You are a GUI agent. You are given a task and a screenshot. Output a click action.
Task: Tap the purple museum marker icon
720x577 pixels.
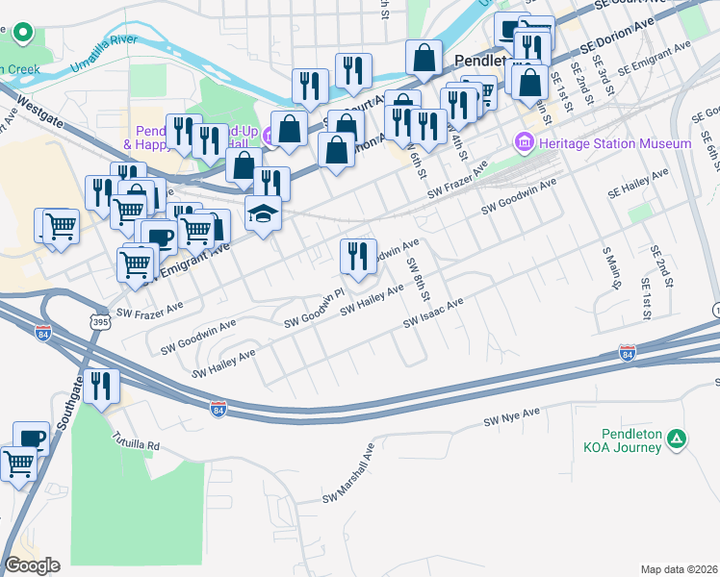[x=525, y=143]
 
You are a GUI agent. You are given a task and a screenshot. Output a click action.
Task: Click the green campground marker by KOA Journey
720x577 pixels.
[x=678, y=439]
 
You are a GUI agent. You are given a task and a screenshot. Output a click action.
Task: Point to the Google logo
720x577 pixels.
[x=32, y=564]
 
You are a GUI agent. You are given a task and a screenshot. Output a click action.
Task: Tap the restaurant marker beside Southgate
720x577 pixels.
[x=100, y=387]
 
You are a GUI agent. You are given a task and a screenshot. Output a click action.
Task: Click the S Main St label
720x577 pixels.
[x=611, y=267]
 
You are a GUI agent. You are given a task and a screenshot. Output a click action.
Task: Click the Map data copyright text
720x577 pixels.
[x=680, y=568]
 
